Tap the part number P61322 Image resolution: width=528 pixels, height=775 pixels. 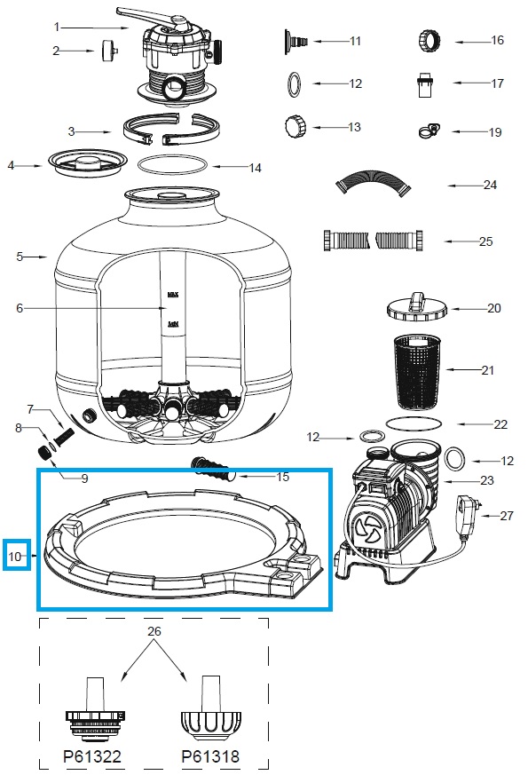coord(91,757)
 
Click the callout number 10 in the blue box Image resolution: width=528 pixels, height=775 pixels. coord(16,557)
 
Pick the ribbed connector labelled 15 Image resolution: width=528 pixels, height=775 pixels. coord(210,468)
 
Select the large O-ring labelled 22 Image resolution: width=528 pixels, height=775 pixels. coord(414,423)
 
